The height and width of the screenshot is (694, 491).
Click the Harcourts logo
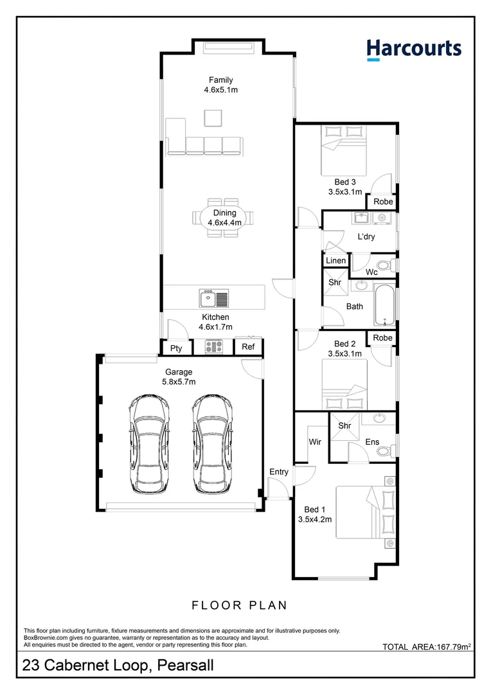(x=414, y=49)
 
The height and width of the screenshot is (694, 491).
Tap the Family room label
(x=220, y=80)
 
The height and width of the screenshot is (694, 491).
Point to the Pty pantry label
(x=176, y=348)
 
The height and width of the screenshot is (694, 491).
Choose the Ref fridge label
(x=248, y=347)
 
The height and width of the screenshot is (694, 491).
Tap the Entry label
(x=279, y=472)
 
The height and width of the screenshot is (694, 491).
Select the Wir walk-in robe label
(x=315, y=442)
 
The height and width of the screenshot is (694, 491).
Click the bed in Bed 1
(x=364, y=512)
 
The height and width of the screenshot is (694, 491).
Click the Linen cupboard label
(x=335, y=260)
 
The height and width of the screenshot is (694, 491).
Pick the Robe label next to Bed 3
(x=383, y=202)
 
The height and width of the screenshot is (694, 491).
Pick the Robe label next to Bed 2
(x=382, y=338)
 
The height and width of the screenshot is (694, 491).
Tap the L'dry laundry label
(x=366, y=236)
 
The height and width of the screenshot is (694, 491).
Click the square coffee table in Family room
(x=213, y=118)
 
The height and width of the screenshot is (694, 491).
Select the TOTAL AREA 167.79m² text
(x=427, y=646)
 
